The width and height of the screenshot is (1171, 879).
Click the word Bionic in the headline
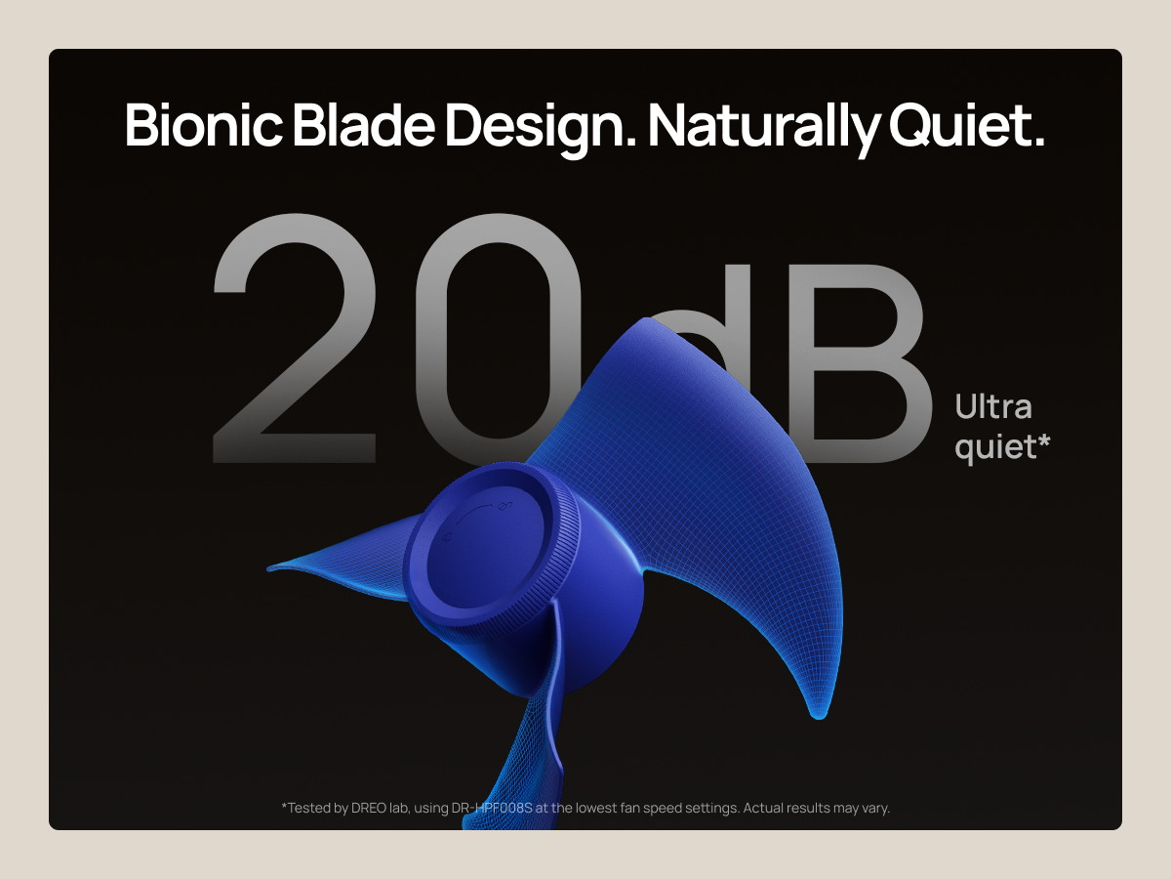coord(204,125)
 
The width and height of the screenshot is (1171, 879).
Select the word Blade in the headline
coord(364,125)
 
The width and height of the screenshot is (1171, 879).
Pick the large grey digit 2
coord(295,337)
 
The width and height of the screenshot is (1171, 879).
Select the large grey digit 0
coord(498,337)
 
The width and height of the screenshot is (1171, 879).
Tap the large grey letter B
coord(859,363)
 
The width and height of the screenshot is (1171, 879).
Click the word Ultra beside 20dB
coord(993,407)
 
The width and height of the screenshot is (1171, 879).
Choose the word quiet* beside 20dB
coord(1002,447)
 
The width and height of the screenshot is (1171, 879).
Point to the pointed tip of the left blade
coord(268,569)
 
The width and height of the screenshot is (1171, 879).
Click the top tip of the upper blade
coord(647,319)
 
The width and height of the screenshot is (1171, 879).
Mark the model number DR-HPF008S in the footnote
coord(492,808)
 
